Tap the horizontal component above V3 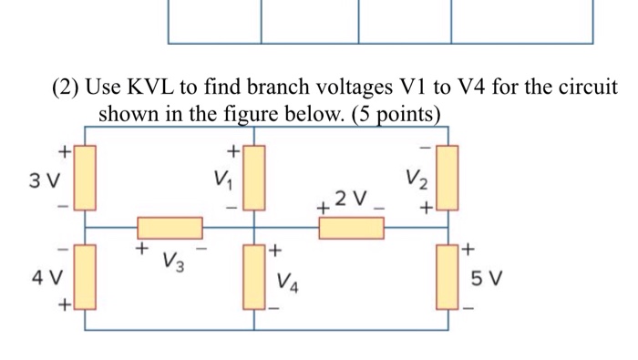tap(170, 228)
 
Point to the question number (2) tap(66, 88)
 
